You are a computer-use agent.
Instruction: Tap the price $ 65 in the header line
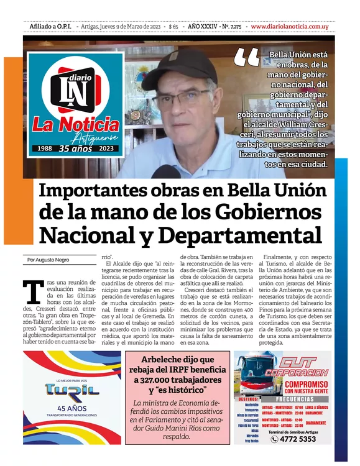pos(173,26)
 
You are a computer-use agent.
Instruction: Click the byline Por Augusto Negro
pos(48,259)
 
